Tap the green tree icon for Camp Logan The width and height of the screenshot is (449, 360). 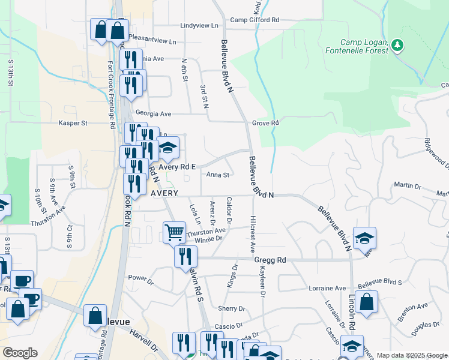point(396,45)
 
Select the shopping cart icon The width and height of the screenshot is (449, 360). point(174,231)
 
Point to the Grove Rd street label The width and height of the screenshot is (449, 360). point(265,123)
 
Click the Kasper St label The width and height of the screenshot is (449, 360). point(73,123)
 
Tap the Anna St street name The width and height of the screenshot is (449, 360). point(218,175)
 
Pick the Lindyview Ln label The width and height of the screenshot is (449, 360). point(199,26)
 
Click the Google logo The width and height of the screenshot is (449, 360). point(20,353)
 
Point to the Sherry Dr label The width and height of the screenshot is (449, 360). point(232,308)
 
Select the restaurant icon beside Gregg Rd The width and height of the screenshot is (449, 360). point(185,256)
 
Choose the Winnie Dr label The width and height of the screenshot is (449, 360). point(209,238)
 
